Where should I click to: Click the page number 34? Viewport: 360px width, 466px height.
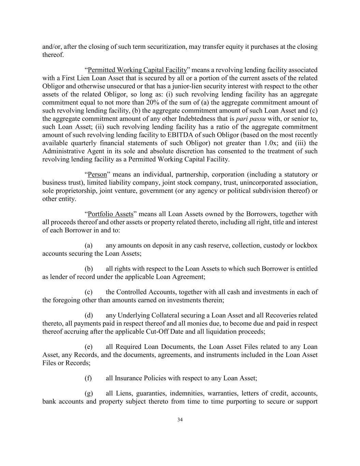coord(180,420)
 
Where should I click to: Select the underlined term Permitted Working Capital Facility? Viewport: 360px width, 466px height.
coord(137,70)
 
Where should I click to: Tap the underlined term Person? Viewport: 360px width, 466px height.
coord(97,174)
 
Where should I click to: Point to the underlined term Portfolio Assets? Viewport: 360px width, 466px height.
coord(110,214)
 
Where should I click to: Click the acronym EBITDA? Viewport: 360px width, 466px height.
coord(180,135)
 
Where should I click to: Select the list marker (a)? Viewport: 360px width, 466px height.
coord(89,245)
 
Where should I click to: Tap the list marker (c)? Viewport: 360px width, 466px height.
coord(89,292)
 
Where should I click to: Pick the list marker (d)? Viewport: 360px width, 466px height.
coord(89,315)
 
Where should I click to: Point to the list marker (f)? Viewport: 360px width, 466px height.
coord(88,378)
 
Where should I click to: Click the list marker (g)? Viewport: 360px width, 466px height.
coord(89,393)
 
